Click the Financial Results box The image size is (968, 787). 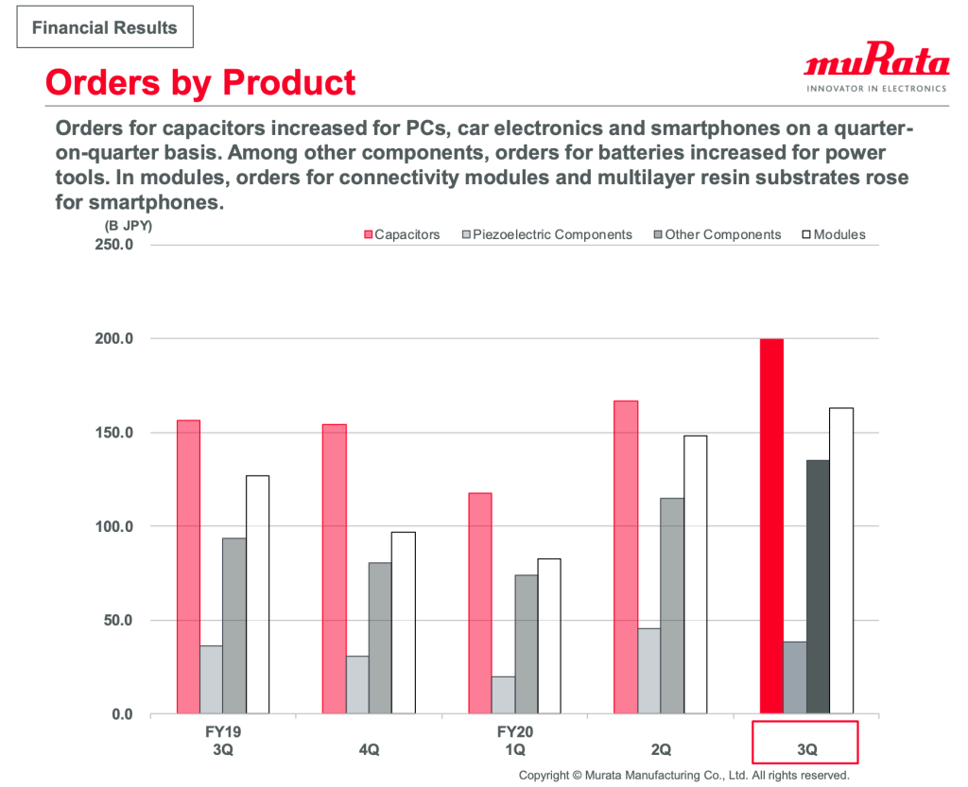pyautogui.click(x=104, y=27)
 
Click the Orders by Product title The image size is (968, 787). pyautogui.click(x=200, y=82)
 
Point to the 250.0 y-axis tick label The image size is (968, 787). pyautogui.click(x=117, y=245)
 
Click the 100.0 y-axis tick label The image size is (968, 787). pyautogui.click(x=117, y=526)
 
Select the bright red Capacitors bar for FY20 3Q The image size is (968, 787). pyautogui.click(x=771, y=525)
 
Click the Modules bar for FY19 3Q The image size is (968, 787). pyautogui.click(x=257, y=594)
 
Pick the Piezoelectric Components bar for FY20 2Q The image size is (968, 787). pyautogui.click(x=648, y=671)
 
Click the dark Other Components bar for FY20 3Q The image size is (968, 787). pyautogui.click(x=818, y=587)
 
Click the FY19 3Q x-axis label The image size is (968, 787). pyautogui.click(x=223, y=740)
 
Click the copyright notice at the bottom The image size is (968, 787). pyautogui.click(x=683, y=775)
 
